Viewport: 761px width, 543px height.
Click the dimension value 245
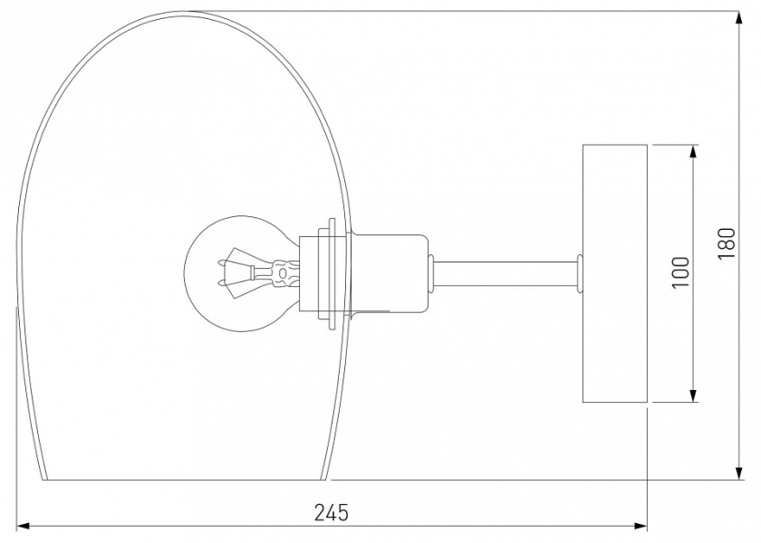click(332, 512)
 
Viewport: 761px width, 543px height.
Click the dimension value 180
click(727, 243)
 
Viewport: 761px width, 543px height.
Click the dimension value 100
click(680, 272)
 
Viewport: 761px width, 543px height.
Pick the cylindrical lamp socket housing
click(389, 275)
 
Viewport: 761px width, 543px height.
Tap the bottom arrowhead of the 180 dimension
click(739, 473)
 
